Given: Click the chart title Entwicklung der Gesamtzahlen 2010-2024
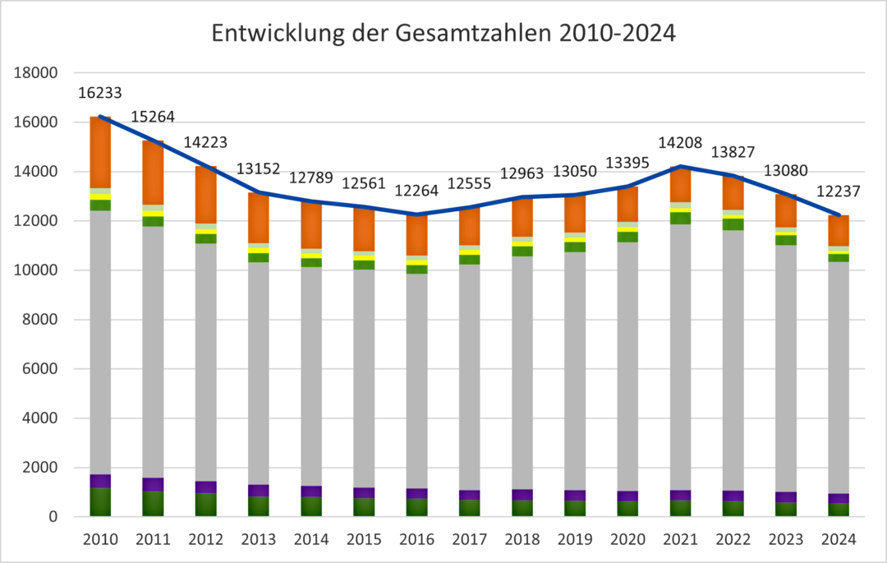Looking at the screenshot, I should [443, 34].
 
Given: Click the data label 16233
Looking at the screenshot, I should [100, 93].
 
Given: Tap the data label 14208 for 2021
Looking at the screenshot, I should [680, 143].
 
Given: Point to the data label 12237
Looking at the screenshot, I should [838, 192].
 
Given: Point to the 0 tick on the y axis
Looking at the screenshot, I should [52, 517].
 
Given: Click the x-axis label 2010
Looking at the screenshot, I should [100, 540].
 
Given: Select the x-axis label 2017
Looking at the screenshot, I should [469, 540].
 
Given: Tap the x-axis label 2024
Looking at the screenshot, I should [838, 540].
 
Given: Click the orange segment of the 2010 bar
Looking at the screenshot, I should [100, 153].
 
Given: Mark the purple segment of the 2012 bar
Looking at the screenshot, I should [206, 487].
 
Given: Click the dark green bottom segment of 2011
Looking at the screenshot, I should [153, 504].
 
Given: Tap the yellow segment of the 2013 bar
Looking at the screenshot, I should [259, 250].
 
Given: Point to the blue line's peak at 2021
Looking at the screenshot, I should [680, 166].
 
